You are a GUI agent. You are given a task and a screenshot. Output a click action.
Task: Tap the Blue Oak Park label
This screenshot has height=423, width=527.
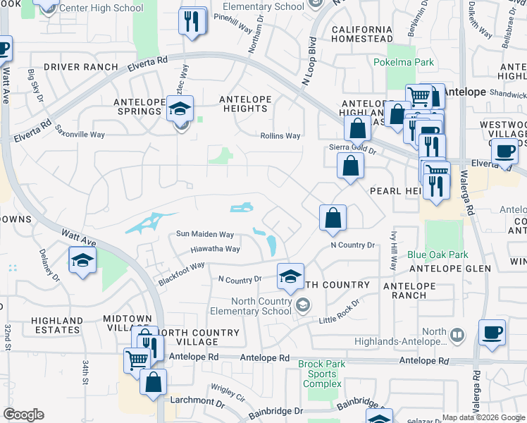click(x=438, y=255)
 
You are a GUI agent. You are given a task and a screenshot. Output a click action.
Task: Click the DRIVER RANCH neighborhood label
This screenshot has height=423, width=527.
click(x=80, y=67)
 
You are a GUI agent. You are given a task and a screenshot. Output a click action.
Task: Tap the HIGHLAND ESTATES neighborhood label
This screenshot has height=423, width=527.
click(x=56, y=325)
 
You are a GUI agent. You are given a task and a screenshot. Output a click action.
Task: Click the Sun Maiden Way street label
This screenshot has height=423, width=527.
click(x=205, y=234)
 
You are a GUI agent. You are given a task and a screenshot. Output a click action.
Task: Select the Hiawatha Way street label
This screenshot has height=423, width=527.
click(x=215, y=249)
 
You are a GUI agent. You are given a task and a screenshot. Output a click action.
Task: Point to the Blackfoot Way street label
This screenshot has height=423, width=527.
click(x=181, y=271)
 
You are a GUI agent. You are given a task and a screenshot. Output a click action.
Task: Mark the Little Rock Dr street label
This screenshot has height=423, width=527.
click(x=339, y=310)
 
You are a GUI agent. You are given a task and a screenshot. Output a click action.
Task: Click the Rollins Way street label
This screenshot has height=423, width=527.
click(x=280, y=136)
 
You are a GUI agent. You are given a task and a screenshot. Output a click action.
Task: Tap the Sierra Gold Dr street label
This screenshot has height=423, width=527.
click(x=353, y=149)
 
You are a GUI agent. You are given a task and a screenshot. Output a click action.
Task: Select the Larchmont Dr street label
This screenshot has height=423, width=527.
click(x=197, y=404)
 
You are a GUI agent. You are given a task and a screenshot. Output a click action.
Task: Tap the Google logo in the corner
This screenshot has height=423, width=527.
click(x=23, y=415)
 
